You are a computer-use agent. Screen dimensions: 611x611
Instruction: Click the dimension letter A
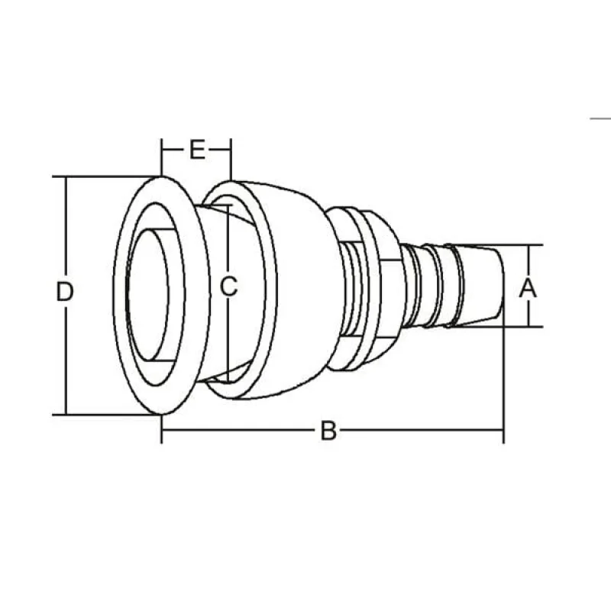528,288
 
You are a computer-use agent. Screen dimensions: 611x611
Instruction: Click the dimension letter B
328,432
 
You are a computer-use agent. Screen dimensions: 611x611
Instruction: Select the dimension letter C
228,287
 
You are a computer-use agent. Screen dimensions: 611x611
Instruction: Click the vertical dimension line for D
66,229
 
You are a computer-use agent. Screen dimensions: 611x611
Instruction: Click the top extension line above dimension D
99,176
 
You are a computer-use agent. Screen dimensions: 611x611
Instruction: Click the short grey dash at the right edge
601,118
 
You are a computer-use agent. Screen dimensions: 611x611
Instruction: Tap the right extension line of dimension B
503,382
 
